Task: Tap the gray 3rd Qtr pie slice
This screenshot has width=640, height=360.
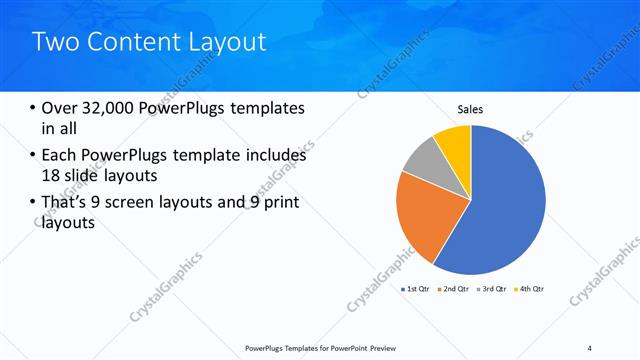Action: point(422,161)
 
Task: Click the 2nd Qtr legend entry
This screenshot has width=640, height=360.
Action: point(456,289)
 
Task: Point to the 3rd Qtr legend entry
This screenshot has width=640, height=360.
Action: point(494,289)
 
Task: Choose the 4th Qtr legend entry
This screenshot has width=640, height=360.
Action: point(532,289)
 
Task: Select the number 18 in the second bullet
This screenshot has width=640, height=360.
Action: point(51,175)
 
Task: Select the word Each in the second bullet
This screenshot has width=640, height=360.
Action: point(60,155)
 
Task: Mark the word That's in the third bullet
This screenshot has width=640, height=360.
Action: point(67,204)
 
